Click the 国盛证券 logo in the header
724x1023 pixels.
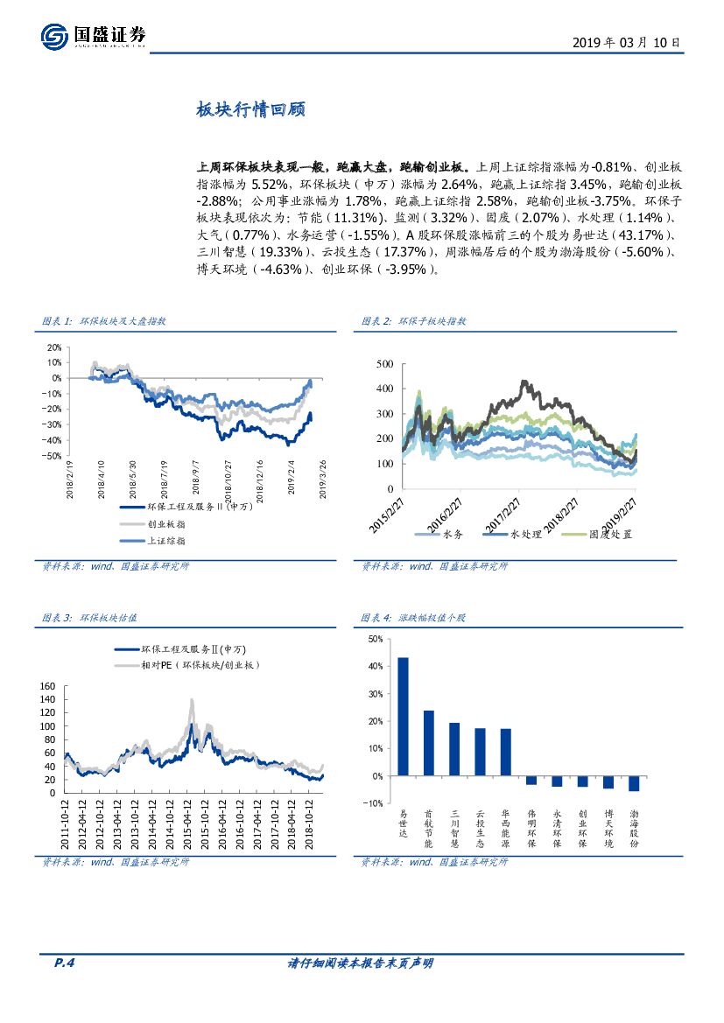pyautogui.click(x=93, y=36)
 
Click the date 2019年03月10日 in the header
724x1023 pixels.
pyautogui.click(x=625, y=42)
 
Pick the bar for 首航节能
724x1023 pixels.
pyautogui.click(x=428, y=742)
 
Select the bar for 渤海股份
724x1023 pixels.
pyautogui.click(x=634, y=783)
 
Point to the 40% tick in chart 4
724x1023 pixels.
pyautogui.click(x=376, y=667)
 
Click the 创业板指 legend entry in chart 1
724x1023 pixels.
pyautogui.click(x=165, y=523)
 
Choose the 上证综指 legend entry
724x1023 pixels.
pyautogui.click(x=165, y=541)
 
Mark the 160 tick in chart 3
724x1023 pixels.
pyautogui.click(x=49, y=687)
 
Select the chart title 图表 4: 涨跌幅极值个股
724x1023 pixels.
pyautogui.click(x=414, y=618)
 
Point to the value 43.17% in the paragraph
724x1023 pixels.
pyautogui.click(x=641, y=235)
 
